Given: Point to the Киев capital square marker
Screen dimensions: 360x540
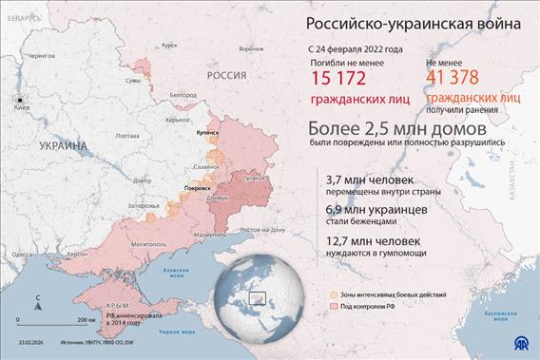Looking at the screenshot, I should click(x=17, y=99).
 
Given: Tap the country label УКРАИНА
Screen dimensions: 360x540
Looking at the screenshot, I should click(x=64, y=145).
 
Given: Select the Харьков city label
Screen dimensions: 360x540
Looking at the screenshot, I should click(x=177, y=120).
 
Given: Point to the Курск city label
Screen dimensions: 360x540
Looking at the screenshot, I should click(x=169, y=45).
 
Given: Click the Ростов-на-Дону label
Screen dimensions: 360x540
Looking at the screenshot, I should click(x=263, y=230).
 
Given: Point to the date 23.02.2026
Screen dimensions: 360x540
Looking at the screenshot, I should click(x=29, y=341).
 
